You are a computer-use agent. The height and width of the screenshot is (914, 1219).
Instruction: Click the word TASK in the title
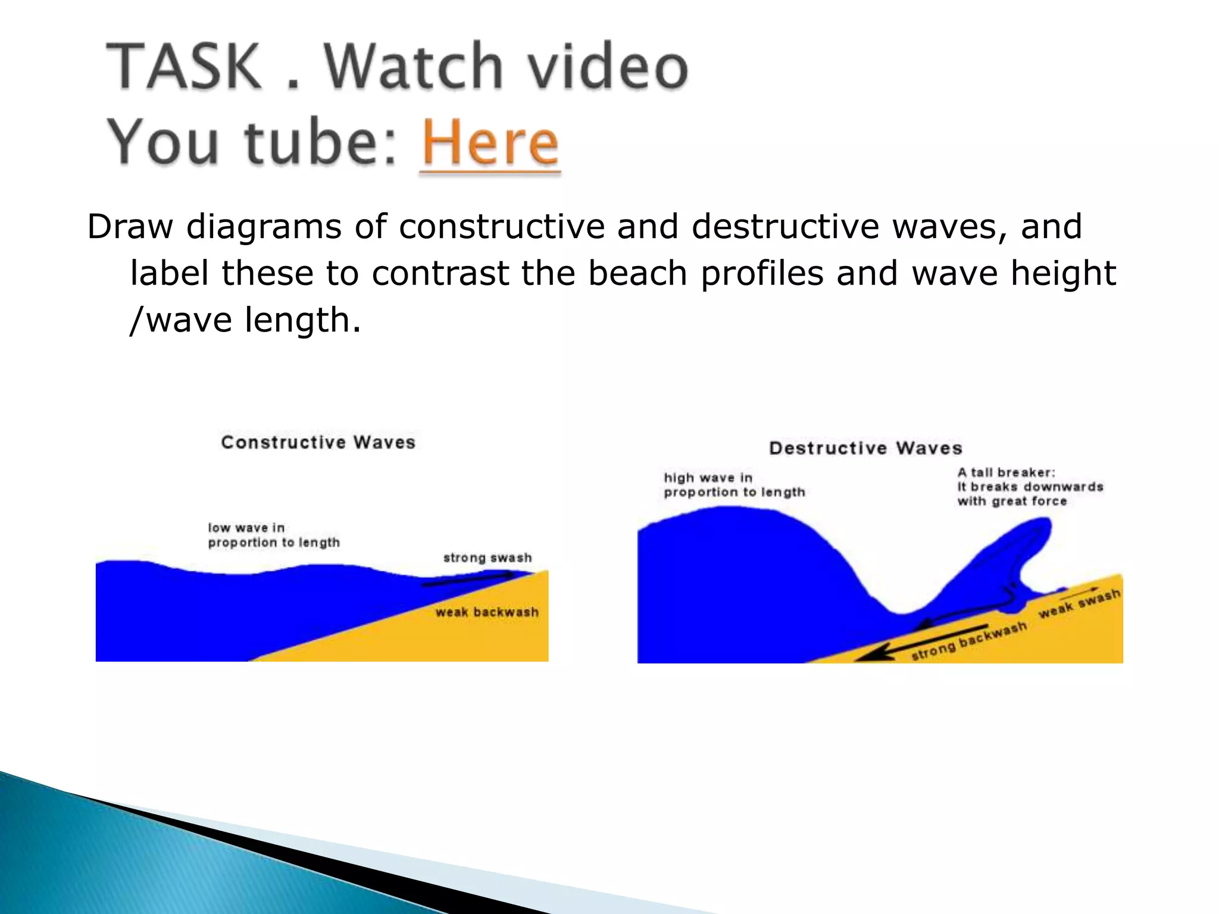pyautogui.click(x=185, y=67)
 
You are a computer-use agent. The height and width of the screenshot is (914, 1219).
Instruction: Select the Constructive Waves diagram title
pyautogui.click(x=318, y=442)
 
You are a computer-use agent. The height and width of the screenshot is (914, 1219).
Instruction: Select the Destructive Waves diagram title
pyautogui.click(x=865, y=448)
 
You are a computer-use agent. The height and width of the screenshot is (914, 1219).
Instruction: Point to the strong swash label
pyautogui.click(x=487, y=558)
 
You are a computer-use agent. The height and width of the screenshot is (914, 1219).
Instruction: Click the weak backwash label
pyautogui.click(x=487, y=612)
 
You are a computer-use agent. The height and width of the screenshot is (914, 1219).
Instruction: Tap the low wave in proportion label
pyautogui.click(x=273, y=535)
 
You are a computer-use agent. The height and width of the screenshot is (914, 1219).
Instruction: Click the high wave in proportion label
pyautogui.click(x=734, y=485)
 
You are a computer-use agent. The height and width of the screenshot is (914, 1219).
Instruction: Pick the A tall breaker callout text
pyautogui.click(x=1030, y=487)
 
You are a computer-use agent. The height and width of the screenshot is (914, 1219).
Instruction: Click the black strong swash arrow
pyautogui.click(x=467, y=580)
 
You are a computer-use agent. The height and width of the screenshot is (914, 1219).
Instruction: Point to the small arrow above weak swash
pyautogui.click(x=1079, y=592)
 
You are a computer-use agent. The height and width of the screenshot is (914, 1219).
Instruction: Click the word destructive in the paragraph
pyautogui.click(x=785, y=227)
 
